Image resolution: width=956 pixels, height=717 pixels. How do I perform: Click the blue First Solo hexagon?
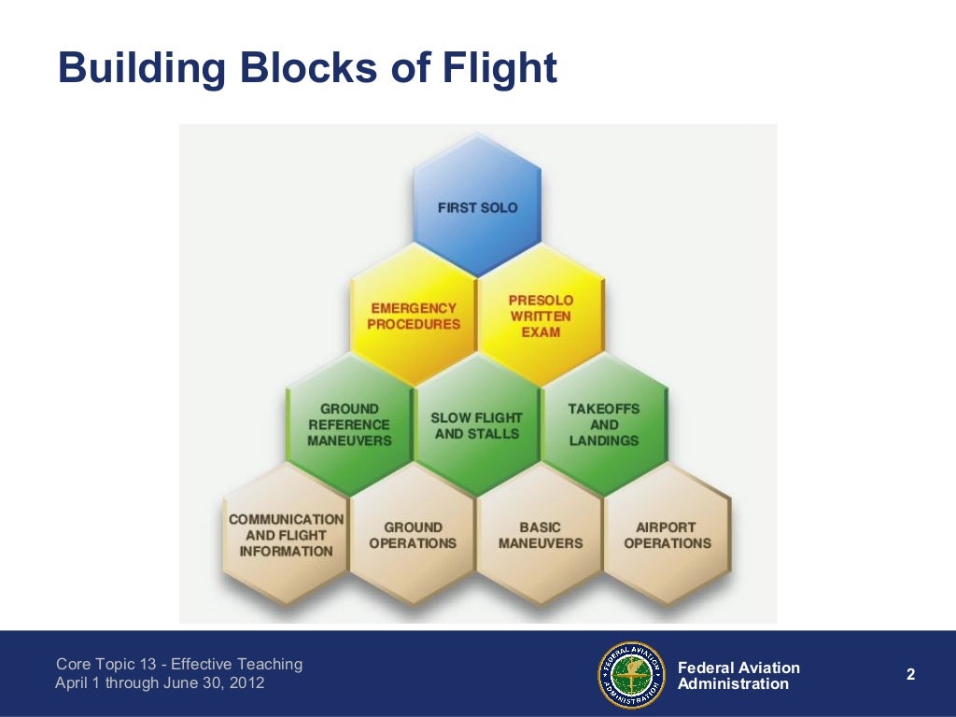(477, 206)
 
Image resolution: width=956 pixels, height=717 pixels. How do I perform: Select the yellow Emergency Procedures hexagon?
(414, 316)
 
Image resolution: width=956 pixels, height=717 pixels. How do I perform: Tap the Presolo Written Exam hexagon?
(541, 316)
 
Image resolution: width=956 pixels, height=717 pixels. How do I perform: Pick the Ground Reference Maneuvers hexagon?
(349, 425)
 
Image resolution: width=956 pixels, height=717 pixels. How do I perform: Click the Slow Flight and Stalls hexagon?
(476, 425)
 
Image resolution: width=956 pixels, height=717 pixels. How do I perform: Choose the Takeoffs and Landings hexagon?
(604, 425)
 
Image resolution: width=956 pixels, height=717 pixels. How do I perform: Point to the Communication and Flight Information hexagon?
(286, 535)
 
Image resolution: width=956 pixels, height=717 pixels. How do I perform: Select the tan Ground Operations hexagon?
(413, 535)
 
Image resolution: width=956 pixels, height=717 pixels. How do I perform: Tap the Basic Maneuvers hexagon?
(541, 535)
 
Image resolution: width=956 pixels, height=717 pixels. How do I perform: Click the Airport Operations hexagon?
(668, 535)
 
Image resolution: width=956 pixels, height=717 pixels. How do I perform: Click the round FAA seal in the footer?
(631, 675)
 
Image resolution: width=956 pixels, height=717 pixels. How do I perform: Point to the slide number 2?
(910, 675)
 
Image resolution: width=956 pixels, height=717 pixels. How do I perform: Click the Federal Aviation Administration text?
(738, 676)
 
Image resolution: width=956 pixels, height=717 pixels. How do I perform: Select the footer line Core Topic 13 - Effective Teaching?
(179, 664)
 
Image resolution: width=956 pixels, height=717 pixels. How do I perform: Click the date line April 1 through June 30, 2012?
(160, 683)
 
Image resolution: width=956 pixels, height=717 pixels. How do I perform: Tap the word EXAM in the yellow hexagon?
(541, 332)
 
